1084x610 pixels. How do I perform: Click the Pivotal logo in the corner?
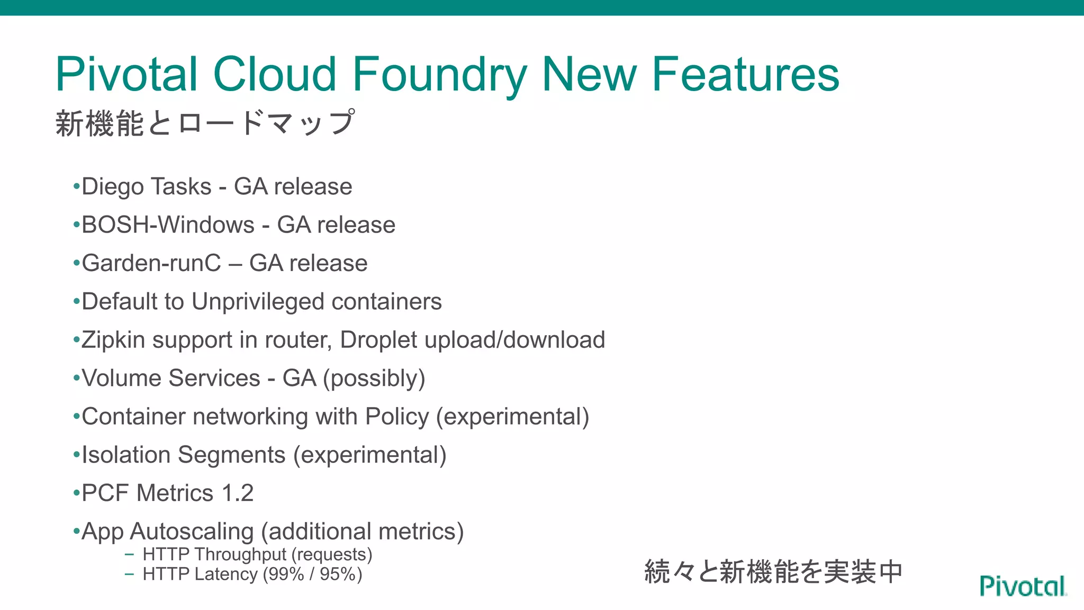pos(1023,586)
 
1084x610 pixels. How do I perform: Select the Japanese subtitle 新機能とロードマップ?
pos(205,123)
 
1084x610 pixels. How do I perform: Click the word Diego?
pos(113,187)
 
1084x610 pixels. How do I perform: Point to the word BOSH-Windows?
pos(168,225)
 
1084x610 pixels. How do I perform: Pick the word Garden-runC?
pos(151,263)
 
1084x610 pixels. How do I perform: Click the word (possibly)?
pos(374,379)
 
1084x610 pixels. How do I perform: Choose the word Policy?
pos(397,417)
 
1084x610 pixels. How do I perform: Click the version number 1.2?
pos(238,493)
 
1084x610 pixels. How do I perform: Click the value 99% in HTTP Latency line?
pos(286,574)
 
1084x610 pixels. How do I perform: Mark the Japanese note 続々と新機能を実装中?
pos(773,572)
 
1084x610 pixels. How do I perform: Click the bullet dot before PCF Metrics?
pos(77,494)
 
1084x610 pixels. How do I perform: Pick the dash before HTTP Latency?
pos(129,574)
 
